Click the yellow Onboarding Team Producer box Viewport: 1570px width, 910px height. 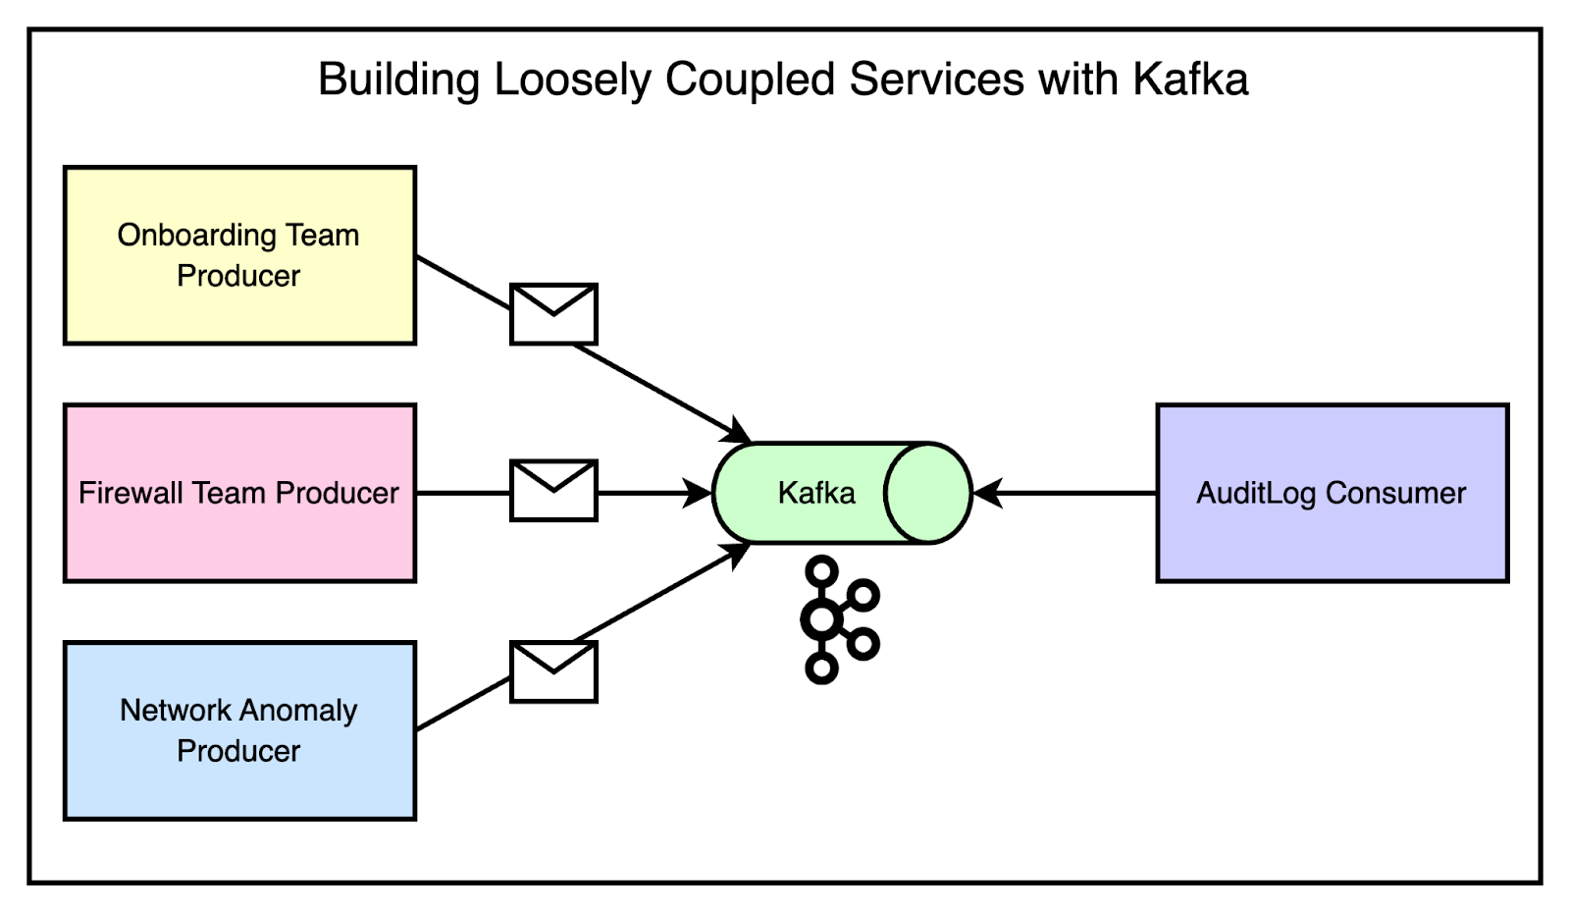pyautogui.click(x=239, y=255)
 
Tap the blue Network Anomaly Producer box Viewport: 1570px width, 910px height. pyautogui.click(x=239, y=730)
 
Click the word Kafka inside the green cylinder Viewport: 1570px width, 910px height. pyautogui.click(x=816, y=493)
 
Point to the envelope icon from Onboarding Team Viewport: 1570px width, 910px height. pyautogui.click(x=553, y=314)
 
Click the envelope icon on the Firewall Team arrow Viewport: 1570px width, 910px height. pyautogui.click(x=553, y=491)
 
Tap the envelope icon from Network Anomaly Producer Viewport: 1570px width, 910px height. pyautogui.click(x=553, y=672)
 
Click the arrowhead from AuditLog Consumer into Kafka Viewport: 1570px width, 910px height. pyautogui.click(x=987, y=493)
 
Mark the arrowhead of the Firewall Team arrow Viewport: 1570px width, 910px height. pyautogui.click(x=699, y=493)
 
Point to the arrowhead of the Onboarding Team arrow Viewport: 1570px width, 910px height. pyautogui.click(x=738, y=433)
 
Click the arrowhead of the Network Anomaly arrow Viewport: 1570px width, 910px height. pyautogui.click(x=738, y=554)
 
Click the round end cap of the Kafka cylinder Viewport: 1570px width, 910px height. pyautogui.click(x=927, y=493)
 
